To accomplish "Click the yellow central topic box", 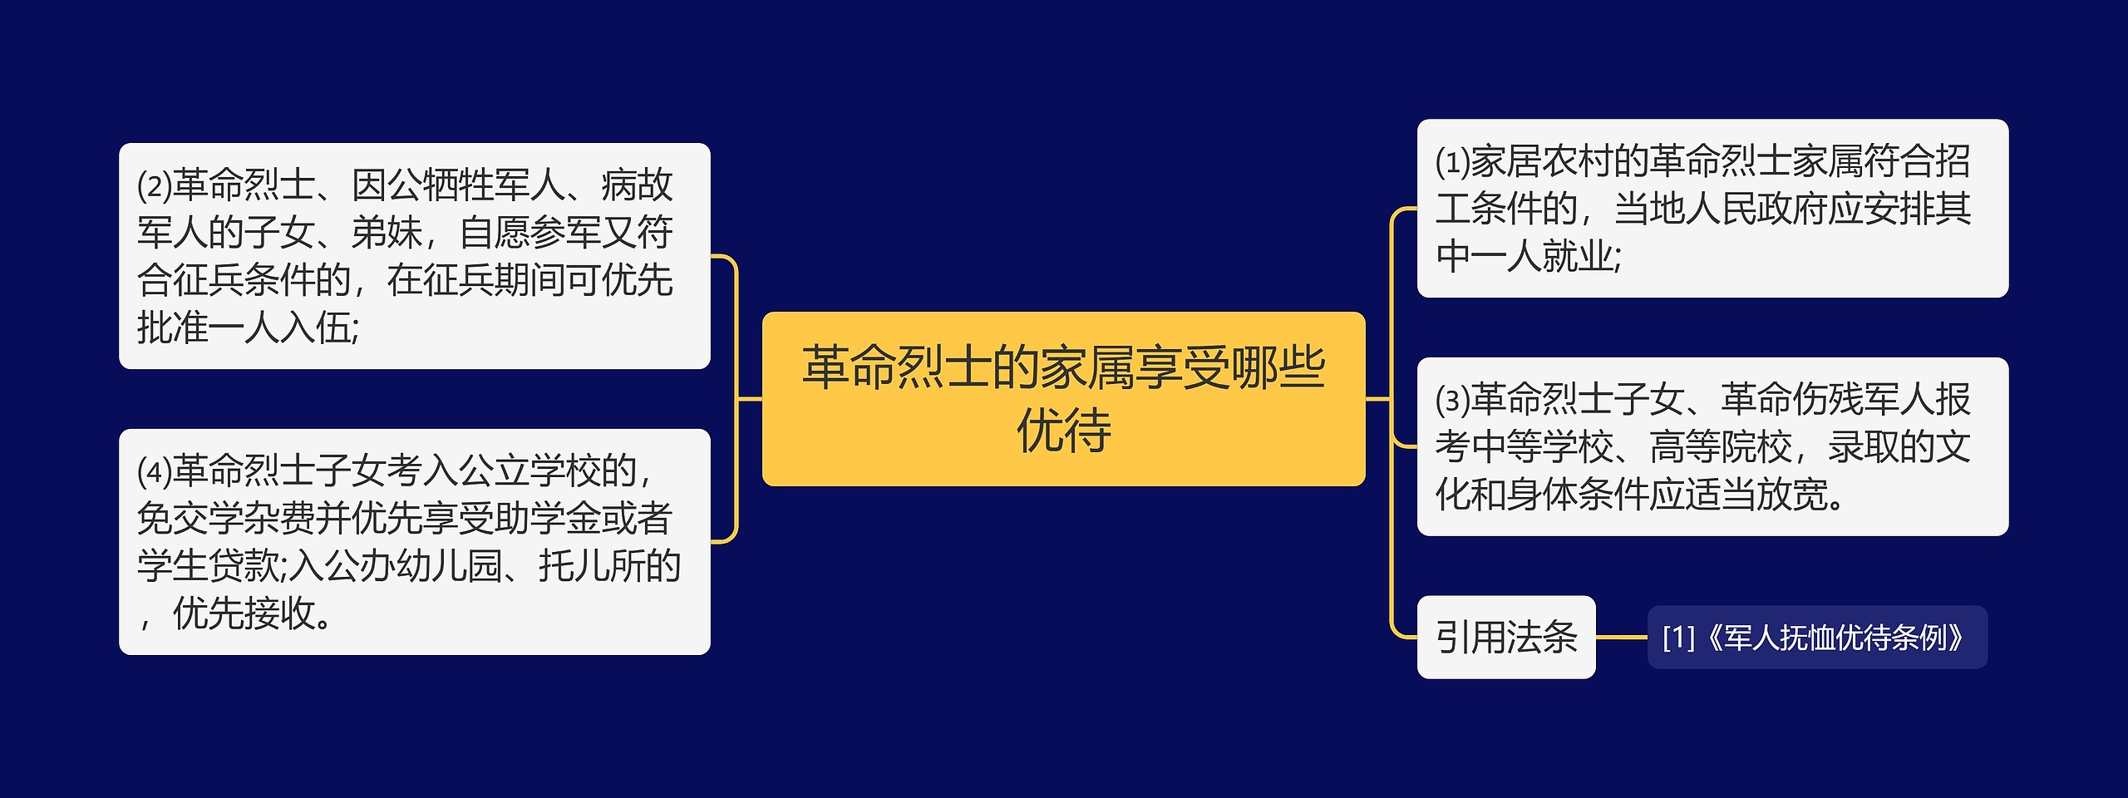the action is point(1063,399).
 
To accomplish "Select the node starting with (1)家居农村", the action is point(1712,208).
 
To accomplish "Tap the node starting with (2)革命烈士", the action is point(414,256).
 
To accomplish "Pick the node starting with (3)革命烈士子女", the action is point(1712,446).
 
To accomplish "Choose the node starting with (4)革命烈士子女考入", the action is point(414,542).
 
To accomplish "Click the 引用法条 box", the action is point(1505,638).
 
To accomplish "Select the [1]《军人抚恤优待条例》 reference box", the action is point(1817,638).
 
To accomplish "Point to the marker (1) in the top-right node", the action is point(1452,162).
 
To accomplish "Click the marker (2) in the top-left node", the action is point(154,186).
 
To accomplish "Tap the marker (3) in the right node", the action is point(1452,401).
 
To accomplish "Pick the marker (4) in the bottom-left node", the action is point(154,472).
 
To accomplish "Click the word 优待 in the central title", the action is point(1063,431).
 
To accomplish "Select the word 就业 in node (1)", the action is point(1578,256).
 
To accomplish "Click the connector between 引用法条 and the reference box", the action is point(1621,638).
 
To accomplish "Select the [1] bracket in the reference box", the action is point(1678,638).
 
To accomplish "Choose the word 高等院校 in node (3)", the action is point(1721,447).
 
